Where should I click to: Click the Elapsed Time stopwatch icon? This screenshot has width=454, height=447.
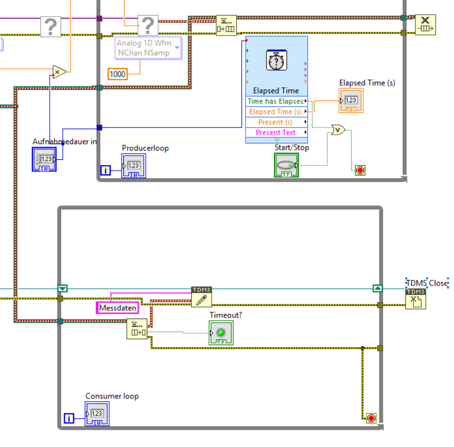pyautogui.click(x=276, y=61)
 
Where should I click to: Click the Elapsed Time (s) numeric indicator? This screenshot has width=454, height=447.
pyautogui.click(x=351, y=100)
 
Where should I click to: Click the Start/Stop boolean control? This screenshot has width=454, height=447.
pyautogui.click(x=286, y=165)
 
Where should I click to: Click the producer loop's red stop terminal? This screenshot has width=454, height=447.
pyautogui.click(x=360, y=170)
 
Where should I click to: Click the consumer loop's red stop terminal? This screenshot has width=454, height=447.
pyautogui.click(x=371, y=418)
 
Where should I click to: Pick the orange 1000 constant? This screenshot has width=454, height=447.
pyautogui.click(x=118, y=74)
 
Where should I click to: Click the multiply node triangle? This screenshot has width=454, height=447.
pyautogui.click(x=60, y=72)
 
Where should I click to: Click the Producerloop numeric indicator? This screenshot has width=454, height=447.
pyautogui.click(x=133, y=166)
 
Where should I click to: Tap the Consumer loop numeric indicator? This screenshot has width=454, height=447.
pyautogui.click(x=97, y=414)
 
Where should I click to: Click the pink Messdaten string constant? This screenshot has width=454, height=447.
pyautogui.click(x=118, y=308)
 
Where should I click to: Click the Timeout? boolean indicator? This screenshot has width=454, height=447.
pyautogui.click(x=220, y=333)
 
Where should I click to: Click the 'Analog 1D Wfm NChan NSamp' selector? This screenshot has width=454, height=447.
pyautogui.click(x=148, y=48)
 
